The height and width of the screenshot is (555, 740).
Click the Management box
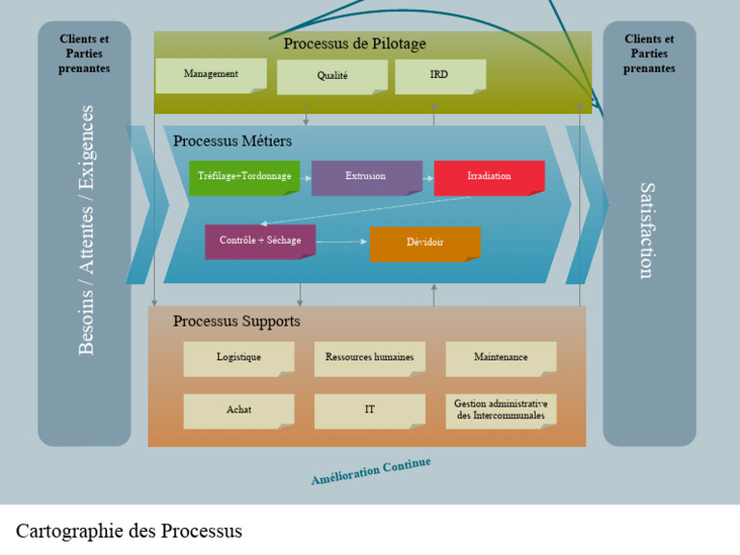211,75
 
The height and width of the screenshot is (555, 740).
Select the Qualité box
332,77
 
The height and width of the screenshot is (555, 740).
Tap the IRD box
439,76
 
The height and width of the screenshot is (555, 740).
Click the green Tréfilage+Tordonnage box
244,177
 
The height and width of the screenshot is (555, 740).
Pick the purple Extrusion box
366,177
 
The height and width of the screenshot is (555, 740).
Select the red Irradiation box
489,177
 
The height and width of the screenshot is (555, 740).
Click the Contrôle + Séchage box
260,241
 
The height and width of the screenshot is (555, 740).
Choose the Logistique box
239,357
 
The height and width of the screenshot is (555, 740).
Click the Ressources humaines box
369,357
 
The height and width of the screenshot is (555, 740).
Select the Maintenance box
500,357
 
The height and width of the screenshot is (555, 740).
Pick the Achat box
239,410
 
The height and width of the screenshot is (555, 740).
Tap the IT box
369,410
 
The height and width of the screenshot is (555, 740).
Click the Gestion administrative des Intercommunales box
500,410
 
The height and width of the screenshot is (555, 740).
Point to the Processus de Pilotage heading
355,44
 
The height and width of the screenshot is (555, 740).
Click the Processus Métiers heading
232,142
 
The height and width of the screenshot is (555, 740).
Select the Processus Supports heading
236,322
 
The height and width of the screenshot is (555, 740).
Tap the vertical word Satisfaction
647,230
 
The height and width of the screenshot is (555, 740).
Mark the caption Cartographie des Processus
129,531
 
